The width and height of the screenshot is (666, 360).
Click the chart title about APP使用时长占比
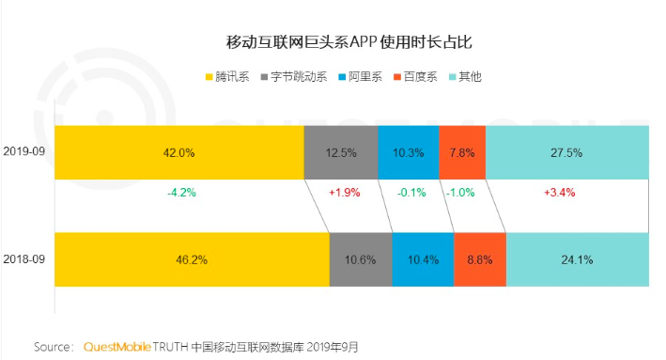[348, 42]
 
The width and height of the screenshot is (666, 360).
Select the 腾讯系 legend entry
[227, 77]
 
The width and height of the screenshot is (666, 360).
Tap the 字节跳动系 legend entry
[294, 77]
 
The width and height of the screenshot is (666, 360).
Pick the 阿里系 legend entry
[360, 77]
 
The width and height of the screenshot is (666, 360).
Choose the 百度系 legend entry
[415, 77]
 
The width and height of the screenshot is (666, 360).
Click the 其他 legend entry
[466, 77]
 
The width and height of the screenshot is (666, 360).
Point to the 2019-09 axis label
[24, 151]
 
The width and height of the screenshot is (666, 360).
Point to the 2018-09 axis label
[24, 259]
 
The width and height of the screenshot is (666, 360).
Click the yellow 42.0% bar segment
[179, 152]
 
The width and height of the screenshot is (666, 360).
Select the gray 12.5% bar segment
[341, 152]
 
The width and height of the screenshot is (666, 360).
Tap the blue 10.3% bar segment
[409, 152]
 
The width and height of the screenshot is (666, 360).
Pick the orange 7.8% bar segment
[462, 152]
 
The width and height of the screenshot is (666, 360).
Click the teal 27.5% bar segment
[567, 152]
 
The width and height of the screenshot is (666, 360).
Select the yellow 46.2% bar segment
[192, 259]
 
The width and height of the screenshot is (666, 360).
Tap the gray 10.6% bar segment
[361, 259]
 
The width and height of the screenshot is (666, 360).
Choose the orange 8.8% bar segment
[480, 259]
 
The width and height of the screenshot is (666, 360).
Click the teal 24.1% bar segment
[578, 259]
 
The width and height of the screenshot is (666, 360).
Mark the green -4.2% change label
[182, 193]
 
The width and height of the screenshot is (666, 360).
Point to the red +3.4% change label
[560, 193]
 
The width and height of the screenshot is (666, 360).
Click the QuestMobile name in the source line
[117, 347]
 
